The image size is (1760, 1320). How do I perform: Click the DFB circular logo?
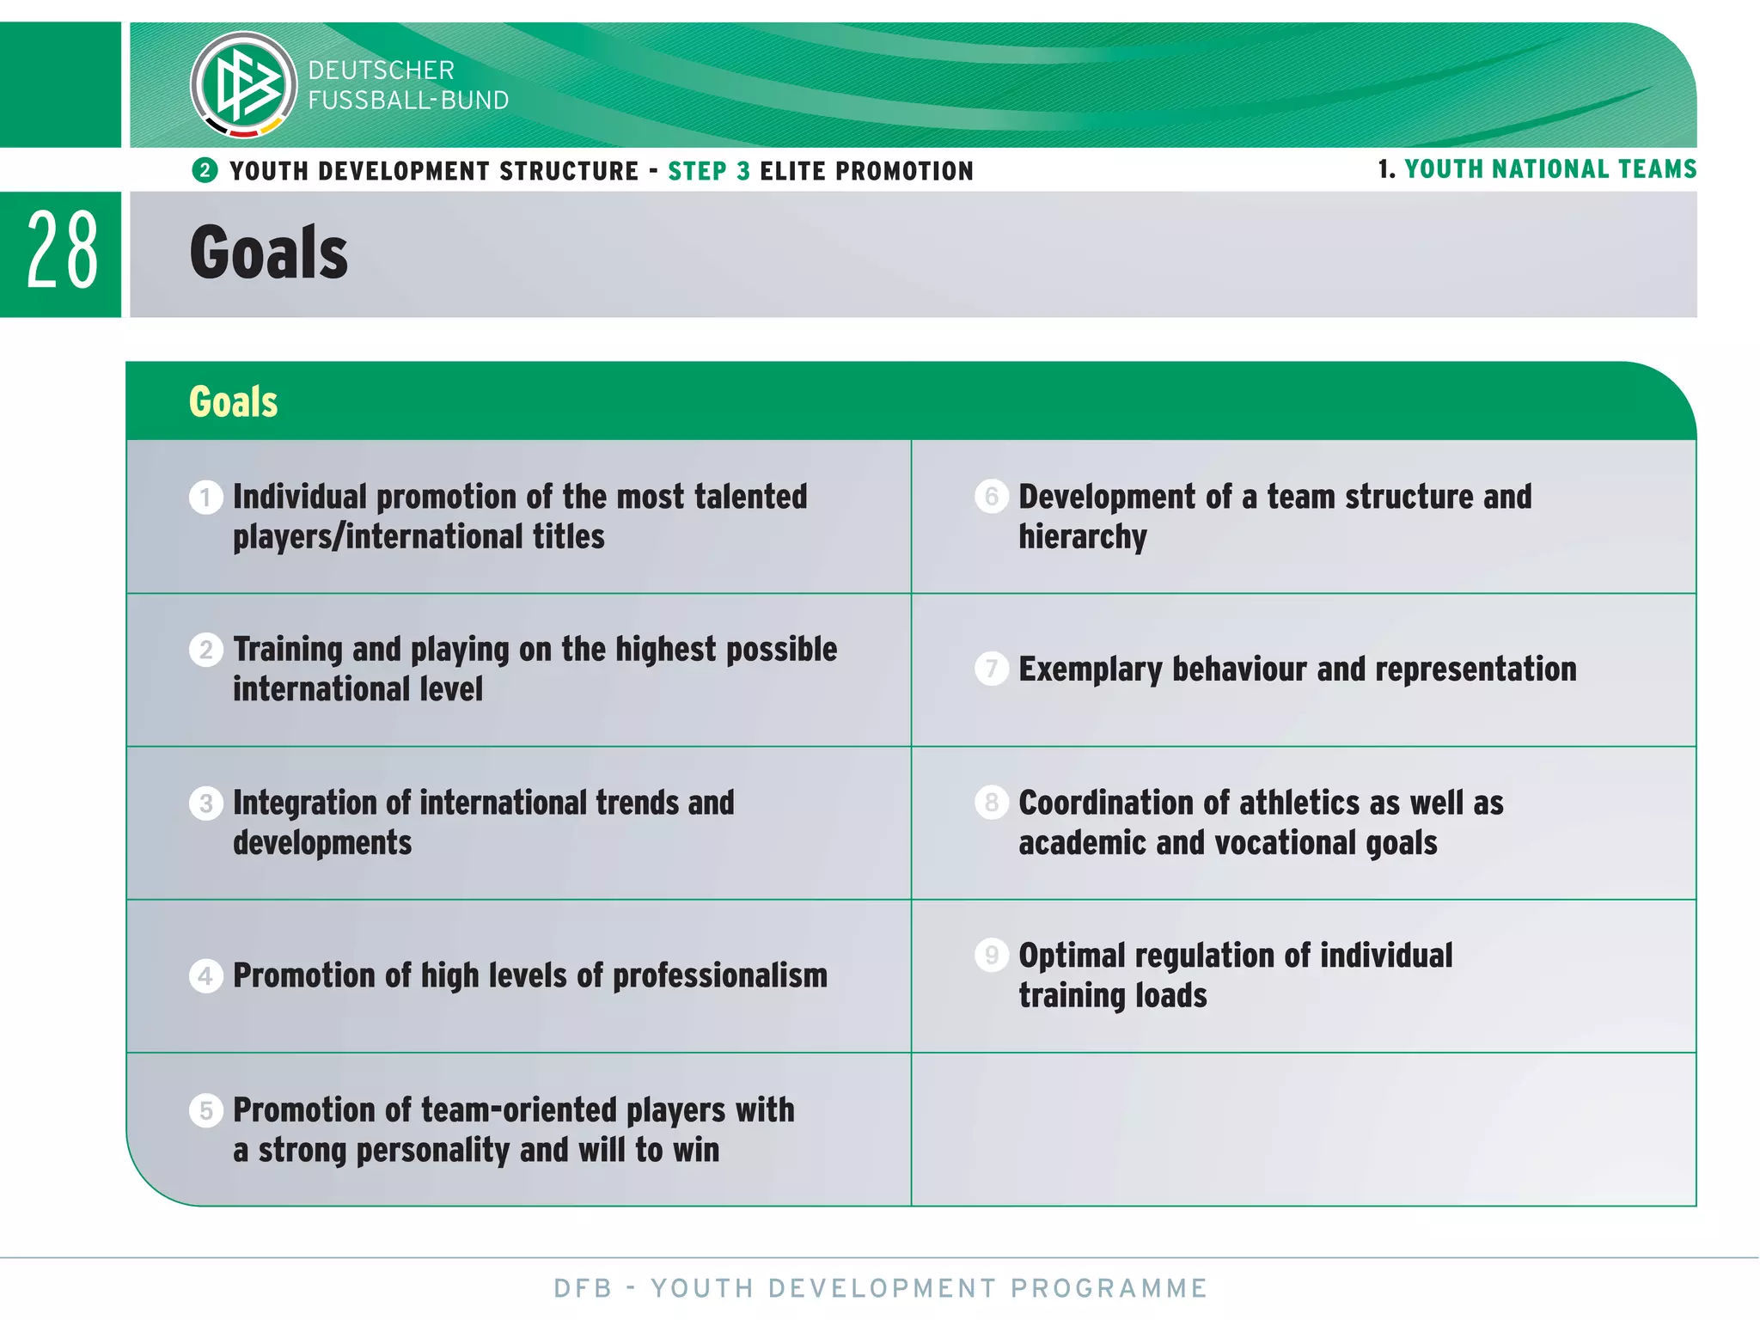coord(244,84)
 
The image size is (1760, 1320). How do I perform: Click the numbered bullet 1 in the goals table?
coord(205,498)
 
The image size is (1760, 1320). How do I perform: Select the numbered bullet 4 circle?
coord(205,976)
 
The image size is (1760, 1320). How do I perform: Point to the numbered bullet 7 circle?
coord(991,669)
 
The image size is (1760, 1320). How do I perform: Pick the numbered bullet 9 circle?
coord(991,955)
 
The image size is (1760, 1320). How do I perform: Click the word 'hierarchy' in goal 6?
coord(1082,538)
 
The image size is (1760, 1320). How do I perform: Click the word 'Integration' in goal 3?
coord(304,803)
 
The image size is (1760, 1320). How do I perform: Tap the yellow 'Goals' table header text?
coord(233,401)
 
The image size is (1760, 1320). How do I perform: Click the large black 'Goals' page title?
coord(269,253)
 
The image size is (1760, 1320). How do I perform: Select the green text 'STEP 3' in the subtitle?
coord(709,171)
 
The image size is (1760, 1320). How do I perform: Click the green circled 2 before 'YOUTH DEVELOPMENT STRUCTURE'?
coord(205,170)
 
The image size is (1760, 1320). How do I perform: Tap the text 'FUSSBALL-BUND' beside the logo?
coord(408,101)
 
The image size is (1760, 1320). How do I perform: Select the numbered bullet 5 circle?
coord(205,1110)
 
